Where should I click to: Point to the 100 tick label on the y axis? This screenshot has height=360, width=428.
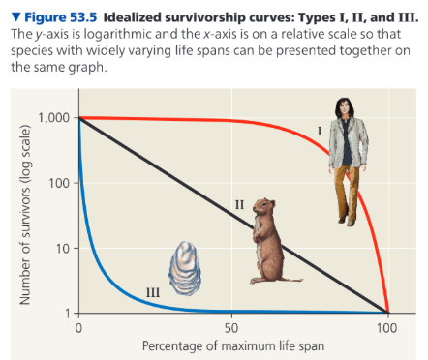tap(61, 183)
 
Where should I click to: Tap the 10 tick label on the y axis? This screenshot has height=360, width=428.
tap(64, 249)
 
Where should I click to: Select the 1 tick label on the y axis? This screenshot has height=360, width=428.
tap(67, 314)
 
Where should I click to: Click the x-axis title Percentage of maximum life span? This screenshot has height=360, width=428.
tap(232, 345)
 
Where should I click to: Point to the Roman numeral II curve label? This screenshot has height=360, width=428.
tap(238, 204)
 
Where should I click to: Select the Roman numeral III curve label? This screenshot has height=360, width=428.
tap(152, 291)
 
